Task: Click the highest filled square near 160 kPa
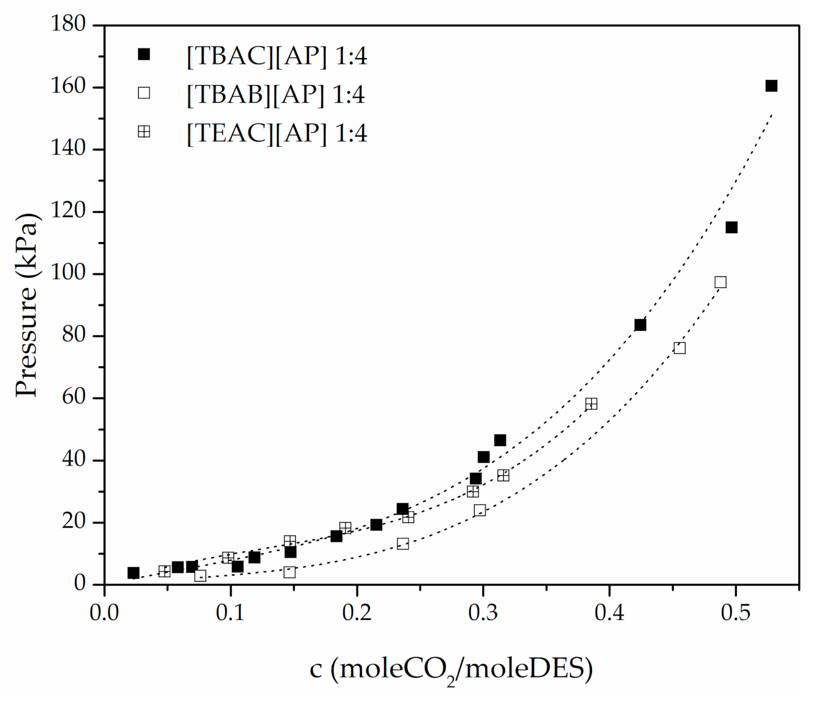click(771, 86)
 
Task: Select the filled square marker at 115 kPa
click(731, 227)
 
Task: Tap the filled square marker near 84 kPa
click(640, 325)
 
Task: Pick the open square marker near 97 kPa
click(720, 282)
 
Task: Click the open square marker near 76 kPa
click(679, 348)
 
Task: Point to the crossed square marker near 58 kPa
click(591, 404)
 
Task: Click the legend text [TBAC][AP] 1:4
click(276, 57)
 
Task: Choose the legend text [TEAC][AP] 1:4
click(276, 134)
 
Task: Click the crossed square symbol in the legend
click(144, 132)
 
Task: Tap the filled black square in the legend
click(144, 55)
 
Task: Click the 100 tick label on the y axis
click(67, 274)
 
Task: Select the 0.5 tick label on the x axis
click(735, 613)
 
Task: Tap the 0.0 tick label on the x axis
click(104, 613)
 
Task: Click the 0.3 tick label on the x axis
click(483, 613)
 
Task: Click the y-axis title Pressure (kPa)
click(28, 305)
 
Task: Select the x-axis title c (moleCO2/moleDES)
click(451, 669)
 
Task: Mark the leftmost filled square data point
click(133, 573)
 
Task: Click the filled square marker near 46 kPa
click(500, 440)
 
